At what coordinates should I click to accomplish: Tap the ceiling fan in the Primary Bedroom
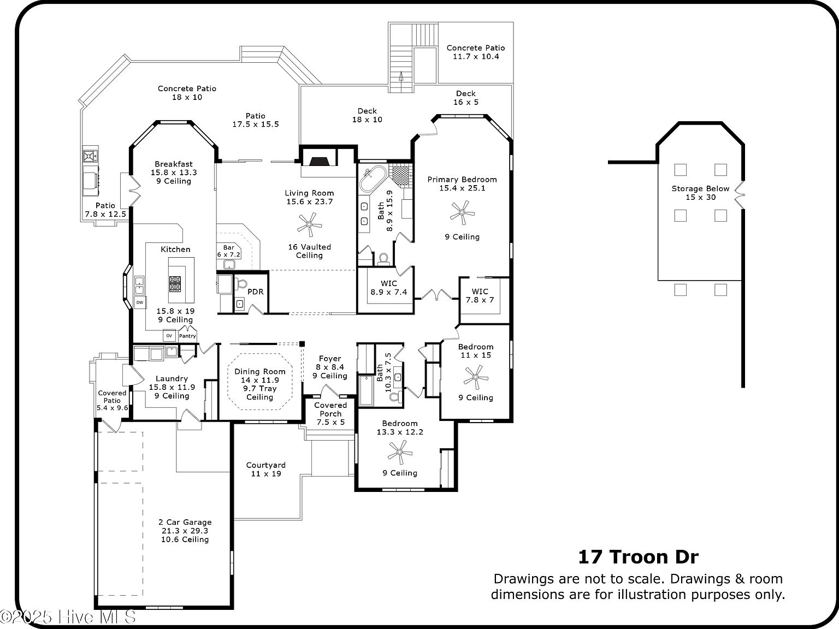pos(462,212)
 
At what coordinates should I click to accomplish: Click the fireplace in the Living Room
pos(320,161)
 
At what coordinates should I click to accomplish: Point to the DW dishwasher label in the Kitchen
pos(140,302)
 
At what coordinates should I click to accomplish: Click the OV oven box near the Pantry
pos(169,336)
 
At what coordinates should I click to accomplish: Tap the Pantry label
pos(187,336)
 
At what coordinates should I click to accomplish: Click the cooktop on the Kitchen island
pos(175,283)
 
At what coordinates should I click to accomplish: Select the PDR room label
pos(256,292)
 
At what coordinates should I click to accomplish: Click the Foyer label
pos(330,359)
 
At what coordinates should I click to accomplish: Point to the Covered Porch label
pos(330,410)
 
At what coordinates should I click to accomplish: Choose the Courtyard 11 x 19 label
pos(266,469)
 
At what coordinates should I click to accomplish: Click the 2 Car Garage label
pos(185,522)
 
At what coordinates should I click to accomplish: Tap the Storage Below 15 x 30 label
pos(700,193)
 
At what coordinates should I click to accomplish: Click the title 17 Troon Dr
pos(638,557)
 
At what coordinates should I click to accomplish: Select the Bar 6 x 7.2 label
pos(228,251)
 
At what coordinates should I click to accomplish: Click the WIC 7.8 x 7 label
pos(480,295)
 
